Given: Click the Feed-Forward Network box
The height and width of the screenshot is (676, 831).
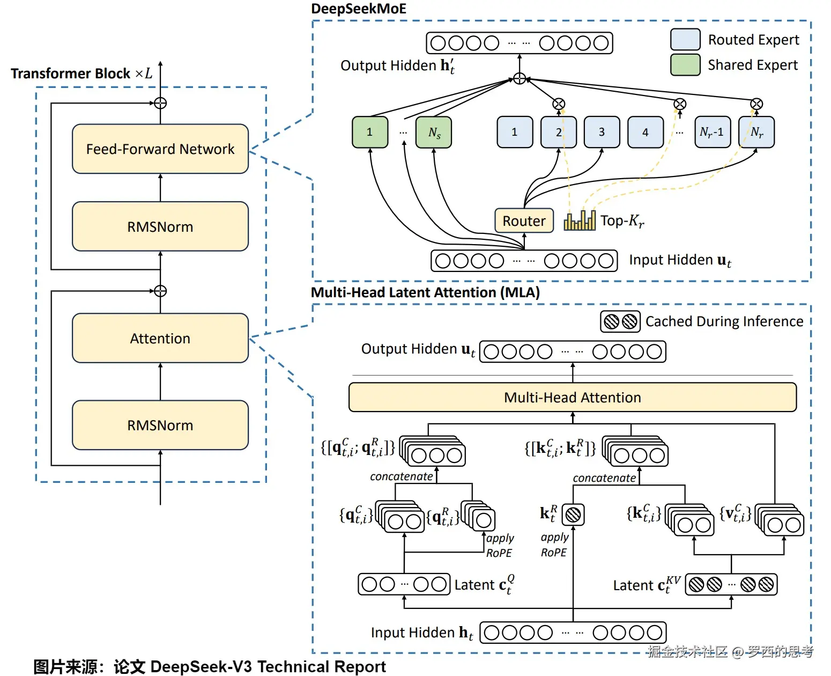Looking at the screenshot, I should coord(160,149).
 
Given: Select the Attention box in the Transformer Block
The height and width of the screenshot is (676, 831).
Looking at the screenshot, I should coord(160,339).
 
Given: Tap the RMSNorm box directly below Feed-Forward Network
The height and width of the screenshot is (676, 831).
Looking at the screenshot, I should coord(160,227).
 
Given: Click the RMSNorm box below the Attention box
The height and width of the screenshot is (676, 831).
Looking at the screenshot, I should coord(160,425).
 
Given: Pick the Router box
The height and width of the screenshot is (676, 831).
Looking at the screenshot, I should coord(524,221).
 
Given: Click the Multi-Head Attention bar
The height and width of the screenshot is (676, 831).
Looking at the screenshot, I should coord(572,398).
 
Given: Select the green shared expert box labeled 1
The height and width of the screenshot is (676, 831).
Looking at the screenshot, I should coord(369,132).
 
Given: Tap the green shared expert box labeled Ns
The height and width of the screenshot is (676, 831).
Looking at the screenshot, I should coord(434,132).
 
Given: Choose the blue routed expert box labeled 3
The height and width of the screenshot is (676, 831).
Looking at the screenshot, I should coord(602,132).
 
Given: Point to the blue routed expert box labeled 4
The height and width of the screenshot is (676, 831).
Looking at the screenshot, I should coord(645,132).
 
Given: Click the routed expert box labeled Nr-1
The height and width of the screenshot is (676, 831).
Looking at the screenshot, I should coord(712,132).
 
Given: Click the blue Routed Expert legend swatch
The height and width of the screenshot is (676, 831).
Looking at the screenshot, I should coord(685,40).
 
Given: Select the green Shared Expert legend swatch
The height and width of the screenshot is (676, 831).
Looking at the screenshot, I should coord(685,65).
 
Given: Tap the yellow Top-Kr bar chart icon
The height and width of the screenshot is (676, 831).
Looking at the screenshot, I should coord(580,221).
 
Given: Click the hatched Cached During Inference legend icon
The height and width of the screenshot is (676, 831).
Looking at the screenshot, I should coord(620,321).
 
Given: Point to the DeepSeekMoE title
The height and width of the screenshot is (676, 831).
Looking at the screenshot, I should coord(359,9).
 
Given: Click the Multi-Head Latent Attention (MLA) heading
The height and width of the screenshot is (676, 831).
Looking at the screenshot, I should coord(425,292).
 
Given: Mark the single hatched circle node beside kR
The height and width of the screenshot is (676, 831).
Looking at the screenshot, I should coord(573,515).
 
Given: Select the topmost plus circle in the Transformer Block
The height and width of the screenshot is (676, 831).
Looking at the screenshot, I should coord(160,103).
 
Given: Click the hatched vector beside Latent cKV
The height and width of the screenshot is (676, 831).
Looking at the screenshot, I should coord(731,584).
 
